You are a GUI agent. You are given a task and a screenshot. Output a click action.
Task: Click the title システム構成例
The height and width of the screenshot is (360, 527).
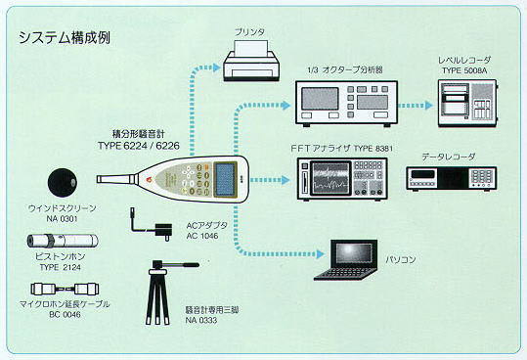(64, 37)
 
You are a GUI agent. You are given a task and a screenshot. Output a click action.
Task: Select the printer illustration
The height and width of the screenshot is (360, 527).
(250, 61)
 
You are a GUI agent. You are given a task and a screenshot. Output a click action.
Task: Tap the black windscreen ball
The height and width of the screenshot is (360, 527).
(63, 182)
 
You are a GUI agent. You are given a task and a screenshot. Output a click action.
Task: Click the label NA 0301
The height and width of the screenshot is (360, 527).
(63, 219)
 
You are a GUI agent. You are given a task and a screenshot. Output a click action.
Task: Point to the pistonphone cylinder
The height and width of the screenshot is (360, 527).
(63, 241)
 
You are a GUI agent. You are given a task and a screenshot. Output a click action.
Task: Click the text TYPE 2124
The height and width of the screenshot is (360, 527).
(61, 268)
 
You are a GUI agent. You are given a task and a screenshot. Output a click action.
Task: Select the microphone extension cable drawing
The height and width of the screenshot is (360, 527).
(65, 289)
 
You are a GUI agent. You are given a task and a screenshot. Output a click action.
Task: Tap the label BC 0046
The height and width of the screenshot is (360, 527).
(65, 315)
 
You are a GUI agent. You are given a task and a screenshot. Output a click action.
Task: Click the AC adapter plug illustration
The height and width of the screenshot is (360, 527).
(152, 224)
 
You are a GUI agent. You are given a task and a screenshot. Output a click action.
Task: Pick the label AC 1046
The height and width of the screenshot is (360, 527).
(202, 236)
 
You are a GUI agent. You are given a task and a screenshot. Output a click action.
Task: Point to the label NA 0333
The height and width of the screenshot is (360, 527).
(201, 320)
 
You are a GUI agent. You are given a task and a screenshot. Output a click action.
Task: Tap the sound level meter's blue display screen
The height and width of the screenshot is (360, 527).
(225, 179)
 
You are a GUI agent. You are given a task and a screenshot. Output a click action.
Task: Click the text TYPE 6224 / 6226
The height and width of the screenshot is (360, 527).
(139, 146)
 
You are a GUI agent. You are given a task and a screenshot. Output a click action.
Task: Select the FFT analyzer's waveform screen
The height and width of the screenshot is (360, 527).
(329, 178)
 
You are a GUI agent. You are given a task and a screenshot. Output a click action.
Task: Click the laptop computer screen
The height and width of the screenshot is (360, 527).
(354, 253)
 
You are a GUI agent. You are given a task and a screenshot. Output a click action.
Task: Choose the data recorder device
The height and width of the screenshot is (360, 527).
(452, 179)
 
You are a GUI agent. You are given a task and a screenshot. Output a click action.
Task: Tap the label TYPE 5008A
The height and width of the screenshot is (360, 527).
(464, 70)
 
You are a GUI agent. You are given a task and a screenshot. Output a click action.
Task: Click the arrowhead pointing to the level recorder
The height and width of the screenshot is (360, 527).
(428, 106)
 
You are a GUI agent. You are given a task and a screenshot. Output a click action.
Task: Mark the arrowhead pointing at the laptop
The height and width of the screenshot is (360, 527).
(321, 254)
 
